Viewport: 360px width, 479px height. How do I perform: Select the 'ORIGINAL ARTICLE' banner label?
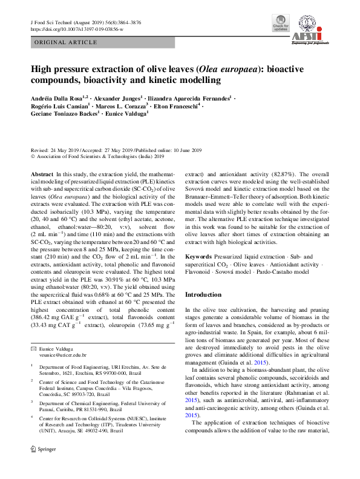pos(64,42)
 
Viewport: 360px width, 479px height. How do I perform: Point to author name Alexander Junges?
pos(117,97)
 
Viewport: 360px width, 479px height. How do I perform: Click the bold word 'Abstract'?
pos(42,173)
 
